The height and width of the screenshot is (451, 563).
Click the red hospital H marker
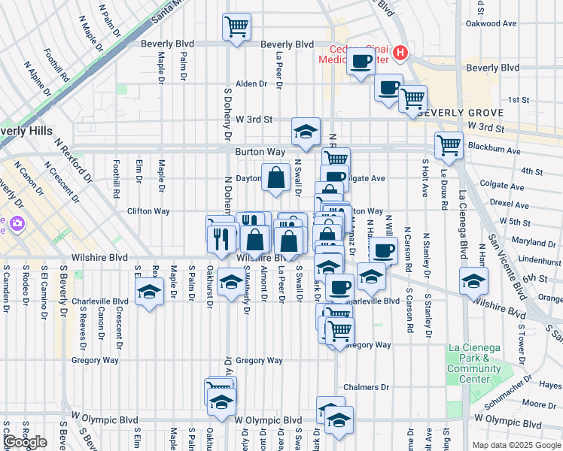click(400, 53)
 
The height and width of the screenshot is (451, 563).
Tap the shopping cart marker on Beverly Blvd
click(236, 28)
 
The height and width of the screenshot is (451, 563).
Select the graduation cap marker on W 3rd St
click(306, 132)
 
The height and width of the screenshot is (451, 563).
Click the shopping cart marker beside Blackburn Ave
click(449, 145)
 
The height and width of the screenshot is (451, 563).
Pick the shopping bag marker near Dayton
click(276, 177)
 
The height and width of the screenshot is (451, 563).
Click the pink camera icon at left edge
click(16, 223)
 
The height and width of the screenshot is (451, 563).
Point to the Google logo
click(25, 442)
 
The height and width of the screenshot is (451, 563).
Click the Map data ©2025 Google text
click(516, 445)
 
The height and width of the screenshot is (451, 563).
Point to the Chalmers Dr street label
click(366, 388)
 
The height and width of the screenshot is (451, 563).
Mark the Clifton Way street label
click(148, 211)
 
